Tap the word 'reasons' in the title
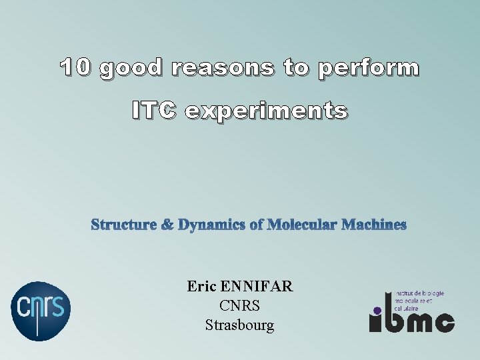click(x=222, y=68)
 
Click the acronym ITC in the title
click(x=155, y=111)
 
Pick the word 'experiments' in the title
click(x=266, y=111)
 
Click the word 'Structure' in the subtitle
click(x=123, y=225)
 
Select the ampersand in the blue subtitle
click(x=167, y=225)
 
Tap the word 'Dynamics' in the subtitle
click(x=210, y=225)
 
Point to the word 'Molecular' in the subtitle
click(x=301, y=225)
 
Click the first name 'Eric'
click(x=202, y=287)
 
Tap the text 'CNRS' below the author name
click(x=239, y=307)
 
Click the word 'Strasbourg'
click(x=239, y=326)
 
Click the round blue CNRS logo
click(x=41, y=309)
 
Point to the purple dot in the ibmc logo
click(x=377, y=310)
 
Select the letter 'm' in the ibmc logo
click(x=417, y=323)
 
